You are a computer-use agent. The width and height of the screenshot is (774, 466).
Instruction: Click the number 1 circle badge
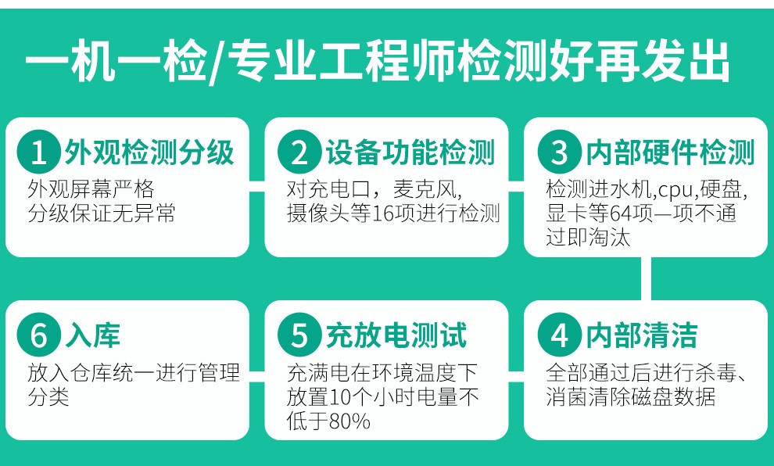point(38,152)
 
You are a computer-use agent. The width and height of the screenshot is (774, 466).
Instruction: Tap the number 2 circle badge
point(299,152)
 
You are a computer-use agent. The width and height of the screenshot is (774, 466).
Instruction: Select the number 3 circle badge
point(559,152)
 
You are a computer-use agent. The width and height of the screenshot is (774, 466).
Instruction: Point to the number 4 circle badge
point(559,334)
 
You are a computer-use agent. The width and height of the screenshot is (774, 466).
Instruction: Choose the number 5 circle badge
point(299,334)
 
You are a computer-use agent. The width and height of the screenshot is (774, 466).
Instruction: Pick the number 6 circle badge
point(38,334)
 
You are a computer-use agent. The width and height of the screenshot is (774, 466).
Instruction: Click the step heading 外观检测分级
point(149,152)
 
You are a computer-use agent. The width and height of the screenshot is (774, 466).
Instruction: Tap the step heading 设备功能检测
point(410,152)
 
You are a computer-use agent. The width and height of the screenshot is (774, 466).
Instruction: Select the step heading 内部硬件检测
point(670,152)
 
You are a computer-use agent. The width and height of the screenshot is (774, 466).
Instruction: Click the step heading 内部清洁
point(642,335)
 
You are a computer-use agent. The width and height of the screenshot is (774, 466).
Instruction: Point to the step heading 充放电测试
point(396,335)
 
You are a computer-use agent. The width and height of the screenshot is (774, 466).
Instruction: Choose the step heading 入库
point(93,335)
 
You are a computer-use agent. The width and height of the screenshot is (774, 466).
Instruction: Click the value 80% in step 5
point(349,421)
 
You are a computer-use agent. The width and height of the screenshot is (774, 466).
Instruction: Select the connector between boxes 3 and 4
point(646,278)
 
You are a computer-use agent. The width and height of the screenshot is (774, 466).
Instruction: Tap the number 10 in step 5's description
point(340,397)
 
